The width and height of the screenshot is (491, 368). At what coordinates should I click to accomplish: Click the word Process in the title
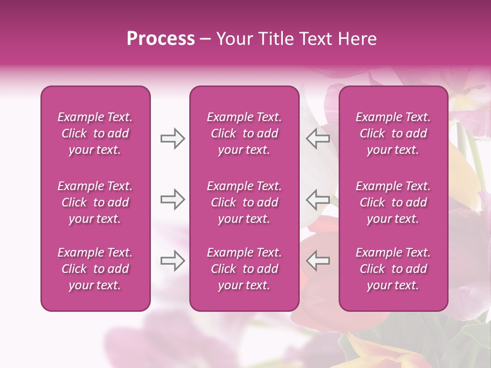tap(161, 39)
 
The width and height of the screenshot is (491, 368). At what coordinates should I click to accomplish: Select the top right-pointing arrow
tap(172, 139)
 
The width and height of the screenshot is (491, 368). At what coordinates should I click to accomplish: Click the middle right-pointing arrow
tap(172, 199)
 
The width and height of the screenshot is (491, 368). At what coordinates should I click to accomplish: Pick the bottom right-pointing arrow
tap(172, 260)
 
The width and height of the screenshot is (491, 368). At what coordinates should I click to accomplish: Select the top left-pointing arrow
tap(318, 139)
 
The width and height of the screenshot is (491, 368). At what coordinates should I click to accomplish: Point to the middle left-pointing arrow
tap(318, 199)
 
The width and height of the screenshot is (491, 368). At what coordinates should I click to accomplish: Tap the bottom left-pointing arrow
tap(318, 260)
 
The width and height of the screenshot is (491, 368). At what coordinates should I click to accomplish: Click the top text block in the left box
tap(95, 133)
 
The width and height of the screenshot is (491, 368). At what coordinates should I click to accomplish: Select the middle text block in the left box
tap(95, 202)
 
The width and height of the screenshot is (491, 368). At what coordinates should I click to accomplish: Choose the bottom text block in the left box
tap(95, 269)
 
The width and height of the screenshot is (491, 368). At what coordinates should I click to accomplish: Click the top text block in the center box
tap(244, 133)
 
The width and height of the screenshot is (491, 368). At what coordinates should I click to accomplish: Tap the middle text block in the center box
tap(244, 202)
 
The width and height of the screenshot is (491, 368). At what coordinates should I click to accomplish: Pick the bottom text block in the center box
tap(244, 269)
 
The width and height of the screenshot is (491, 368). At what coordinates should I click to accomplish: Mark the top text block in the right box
tap(393, 133)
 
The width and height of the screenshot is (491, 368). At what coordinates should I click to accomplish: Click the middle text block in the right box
tap(393, 202)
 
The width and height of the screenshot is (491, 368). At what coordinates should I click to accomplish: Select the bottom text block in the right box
tap(393, 269)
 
